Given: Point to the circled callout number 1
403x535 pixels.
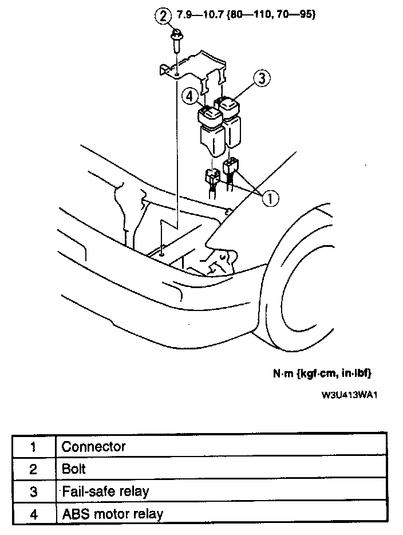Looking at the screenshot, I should pyautogui.click(x=270, y=198).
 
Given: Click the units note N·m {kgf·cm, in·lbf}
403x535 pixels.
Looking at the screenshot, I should pyautogui.click(x=322, y=373).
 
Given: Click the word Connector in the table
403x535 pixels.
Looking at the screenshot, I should pyautogui.click(x=93, y=446).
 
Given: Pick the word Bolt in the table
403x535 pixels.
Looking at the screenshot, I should pyautogui.click(x=74, y=469).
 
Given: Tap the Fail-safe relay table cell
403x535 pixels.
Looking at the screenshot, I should pyautogui.click(x=105, y=491).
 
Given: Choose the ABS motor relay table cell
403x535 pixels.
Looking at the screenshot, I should pyautogui.click(x=112, y=513).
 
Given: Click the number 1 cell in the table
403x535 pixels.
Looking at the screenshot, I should pyautogui.click(x=34, y=446).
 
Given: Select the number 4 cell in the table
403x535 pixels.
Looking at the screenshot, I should pyautogui.click(x=34, y=513).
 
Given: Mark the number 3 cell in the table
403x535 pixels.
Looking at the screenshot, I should pyautogui.click(x=34, y=491).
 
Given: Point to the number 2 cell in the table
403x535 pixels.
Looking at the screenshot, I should pyautogui.click(x=34, y=469).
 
